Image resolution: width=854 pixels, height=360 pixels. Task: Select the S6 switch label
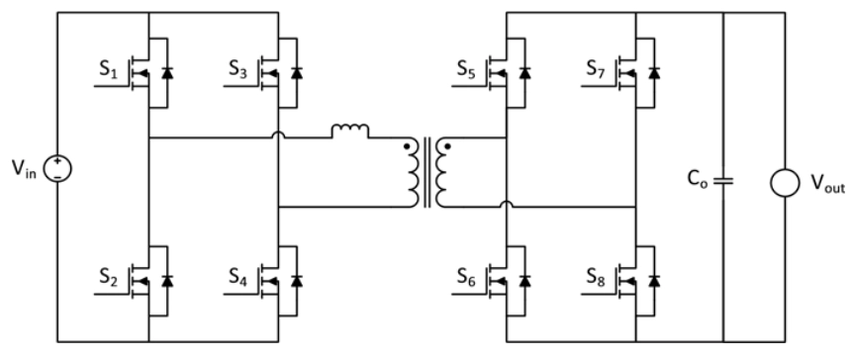click(468, 274)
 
